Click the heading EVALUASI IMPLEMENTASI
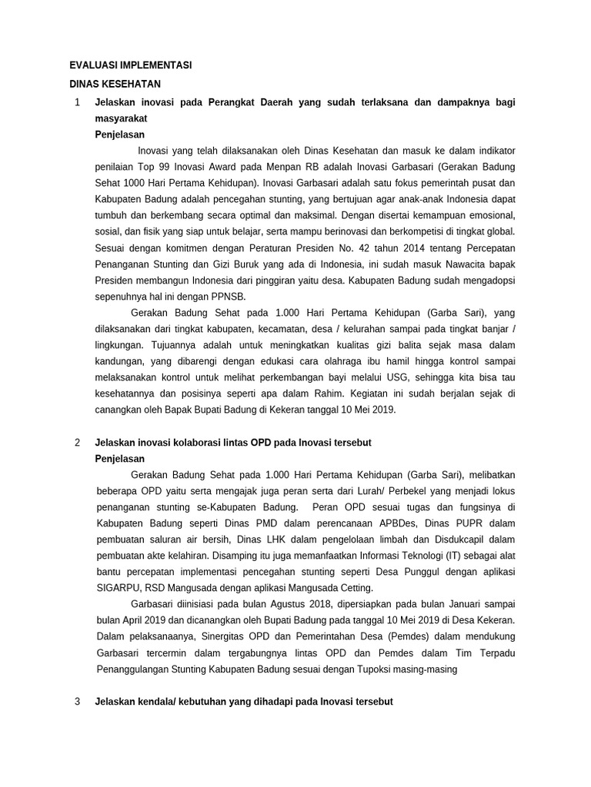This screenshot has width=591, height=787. pyautogui.click(x=130, y=66)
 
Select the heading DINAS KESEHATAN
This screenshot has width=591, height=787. pyautogui.click(x=115, y=84)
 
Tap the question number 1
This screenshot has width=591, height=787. pyautogui.click(x=76, y=102)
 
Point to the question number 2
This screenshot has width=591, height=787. pyautogui.click(x=76, y=443)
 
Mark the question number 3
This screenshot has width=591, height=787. pyautogui.click(x=76, y=702)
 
